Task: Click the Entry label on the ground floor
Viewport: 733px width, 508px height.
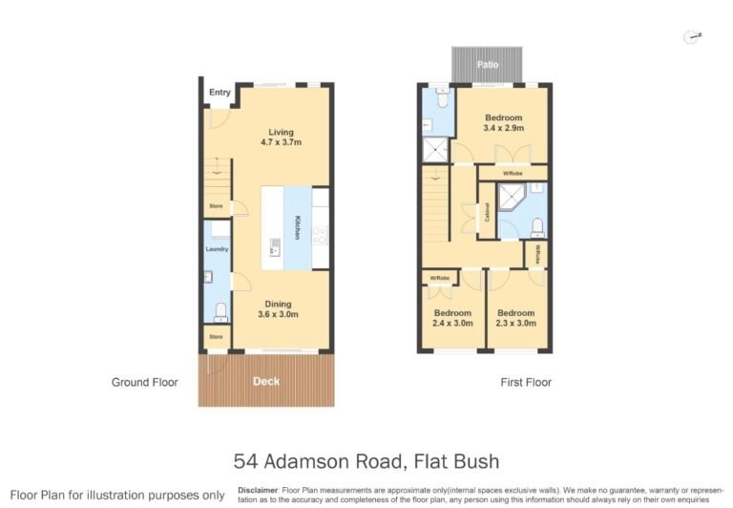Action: (220, 93)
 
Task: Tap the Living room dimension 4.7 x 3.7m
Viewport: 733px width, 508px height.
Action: (281, 142)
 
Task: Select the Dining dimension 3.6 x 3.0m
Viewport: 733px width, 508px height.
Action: (278, 314)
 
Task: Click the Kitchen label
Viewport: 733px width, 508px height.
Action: (297, 227)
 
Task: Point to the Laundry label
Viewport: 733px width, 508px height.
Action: (217, 249)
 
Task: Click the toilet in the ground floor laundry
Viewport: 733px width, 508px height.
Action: (220, 312)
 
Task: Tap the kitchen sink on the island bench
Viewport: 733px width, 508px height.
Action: (275, 247)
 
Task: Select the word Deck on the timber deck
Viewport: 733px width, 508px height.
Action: (266, 381)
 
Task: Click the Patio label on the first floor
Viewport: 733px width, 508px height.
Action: (488, 65)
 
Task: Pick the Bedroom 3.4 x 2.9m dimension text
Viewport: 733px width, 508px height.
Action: (504, 128)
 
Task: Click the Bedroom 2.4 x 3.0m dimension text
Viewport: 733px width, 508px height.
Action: (452, 324)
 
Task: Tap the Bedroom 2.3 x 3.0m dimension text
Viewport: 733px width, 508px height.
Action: (516, 324)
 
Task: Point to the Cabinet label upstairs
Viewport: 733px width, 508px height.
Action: (487, 212)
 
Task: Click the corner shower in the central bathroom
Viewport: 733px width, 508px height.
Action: (512, 198)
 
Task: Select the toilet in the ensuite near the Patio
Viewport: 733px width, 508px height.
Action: (442, 98)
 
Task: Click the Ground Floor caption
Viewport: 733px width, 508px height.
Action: (144, 382)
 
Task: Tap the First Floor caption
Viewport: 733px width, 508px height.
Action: (526, 382)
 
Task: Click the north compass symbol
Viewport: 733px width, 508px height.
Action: (692, 37)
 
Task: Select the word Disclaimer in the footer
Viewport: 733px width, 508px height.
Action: (258, 490)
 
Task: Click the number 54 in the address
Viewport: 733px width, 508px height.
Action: (245, 461)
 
